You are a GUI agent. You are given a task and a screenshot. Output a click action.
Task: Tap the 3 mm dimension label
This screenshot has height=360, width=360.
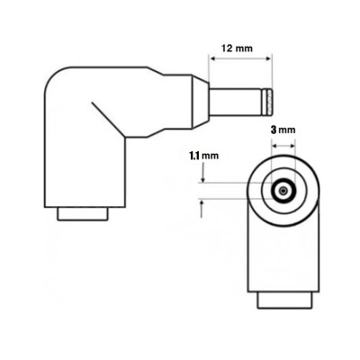(x=282, y=130)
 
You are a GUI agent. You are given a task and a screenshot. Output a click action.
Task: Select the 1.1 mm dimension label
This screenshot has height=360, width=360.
(x=204, y=155)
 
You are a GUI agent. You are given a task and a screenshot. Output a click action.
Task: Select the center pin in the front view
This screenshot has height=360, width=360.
(x=283, y=191)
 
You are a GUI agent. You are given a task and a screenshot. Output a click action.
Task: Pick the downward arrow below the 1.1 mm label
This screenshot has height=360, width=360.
(x=202, y=175)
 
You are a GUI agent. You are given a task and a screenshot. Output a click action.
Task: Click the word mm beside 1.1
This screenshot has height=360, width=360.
(x=212, y=155)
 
